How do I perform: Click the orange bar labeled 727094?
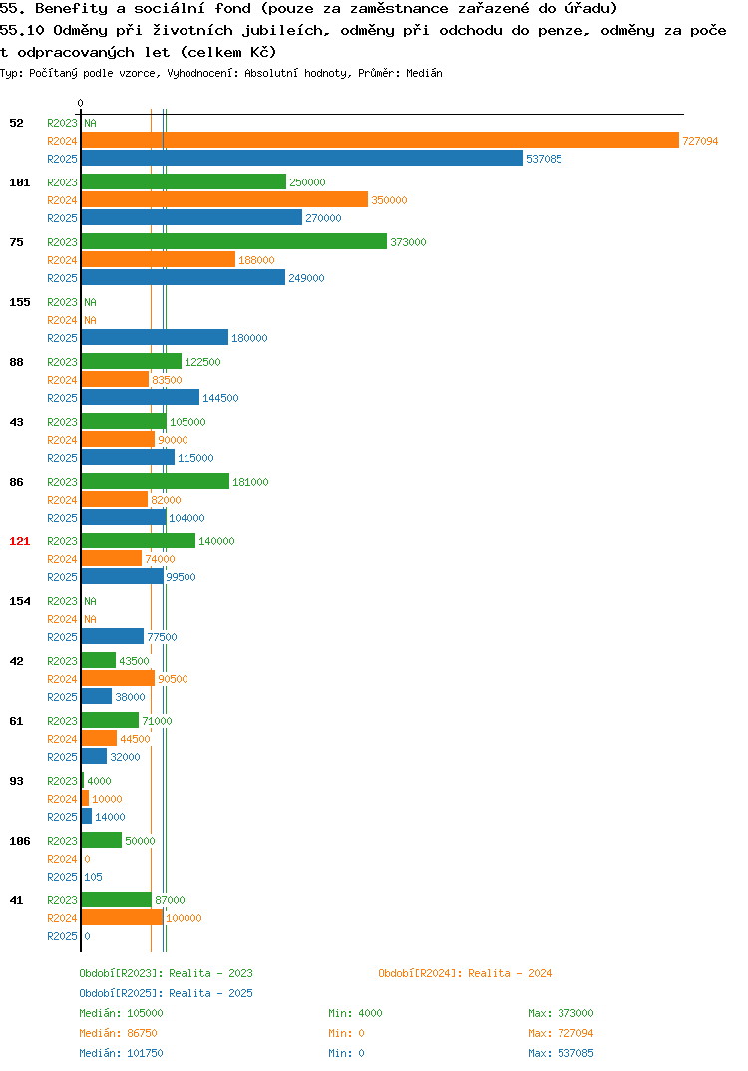coord(381,140)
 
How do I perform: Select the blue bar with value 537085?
coord(302,158)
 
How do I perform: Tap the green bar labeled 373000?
coord(234,241)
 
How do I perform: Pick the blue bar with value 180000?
coord(155,337)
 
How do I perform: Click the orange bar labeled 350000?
coord(224,199)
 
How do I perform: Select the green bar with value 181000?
coord(156,481)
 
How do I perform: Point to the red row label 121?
coord(20,541)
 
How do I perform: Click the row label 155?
coord(20,302)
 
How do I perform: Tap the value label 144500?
coord(220,398)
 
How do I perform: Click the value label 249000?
coord(306,278)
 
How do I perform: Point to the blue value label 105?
coord(93,877)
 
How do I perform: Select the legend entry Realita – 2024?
coord(465,973)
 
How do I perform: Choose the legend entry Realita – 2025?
coord(166,993)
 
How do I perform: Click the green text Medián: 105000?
coord(121,1013)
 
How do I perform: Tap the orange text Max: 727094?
coord(561,1033)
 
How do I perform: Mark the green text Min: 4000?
coord(355,1013)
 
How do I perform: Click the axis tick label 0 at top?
coord(80,103)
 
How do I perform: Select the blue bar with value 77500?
coord(113,636)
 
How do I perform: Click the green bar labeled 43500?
coord(99,660)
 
